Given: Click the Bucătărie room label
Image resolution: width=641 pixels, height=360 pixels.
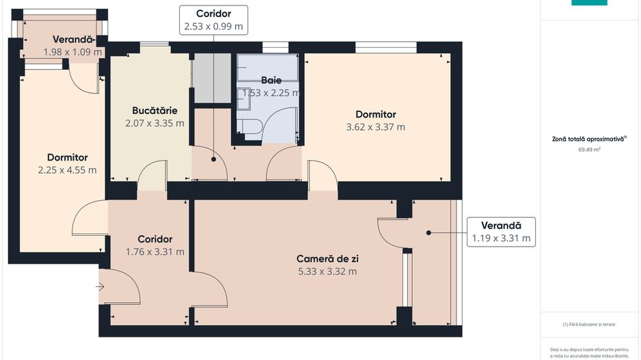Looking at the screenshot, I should point(155,110).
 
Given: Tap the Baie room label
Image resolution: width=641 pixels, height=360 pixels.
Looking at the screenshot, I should point(271,80).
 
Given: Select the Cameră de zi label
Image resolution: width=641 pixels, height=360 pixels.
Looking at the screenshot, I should point(327,259).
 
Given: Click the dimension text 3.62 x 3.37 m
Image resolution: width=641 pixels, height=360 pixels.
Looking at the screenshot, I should point(375,127).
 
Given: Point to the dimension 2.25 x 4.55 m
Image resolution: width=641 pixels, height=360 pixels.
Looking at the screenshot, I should point(67,170).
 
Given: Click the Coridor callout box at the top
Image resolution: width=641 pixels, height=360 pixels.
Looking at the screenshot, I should point(213,20).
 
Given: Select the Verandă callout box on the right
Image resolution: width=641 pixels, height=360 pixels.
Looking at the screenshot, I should point(501,232).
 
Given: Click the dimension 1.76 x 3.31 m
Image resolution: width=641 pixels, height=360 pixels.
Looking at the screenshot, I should point(154,251).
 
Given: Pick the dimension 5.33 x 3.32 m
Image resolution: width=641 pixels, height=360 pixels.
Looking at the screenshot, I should point(327,271).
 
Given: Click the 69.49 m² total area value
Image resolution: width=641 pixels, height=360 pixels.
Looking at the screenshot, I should point(588,149).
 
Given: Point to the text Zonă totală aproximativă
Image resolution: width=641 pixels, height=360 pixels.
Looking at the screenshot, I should point(588,139).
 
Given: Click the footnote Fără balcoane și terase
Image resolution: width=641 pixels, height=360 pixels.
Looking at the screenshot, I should point(589,324).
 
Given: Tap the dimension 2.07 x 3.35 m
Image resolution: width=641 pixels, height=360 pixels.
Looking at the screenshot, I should point(154,123).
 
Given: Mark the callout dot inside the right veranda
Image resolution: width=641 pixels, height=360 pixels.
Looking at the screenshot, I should point(429,233).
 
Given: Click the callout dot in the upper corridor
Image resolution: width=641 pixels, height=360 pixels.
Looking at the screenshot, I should point(214,159).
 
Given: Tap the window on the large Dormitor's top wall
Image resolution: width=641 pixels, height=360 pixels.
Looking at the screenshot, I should point(386,47).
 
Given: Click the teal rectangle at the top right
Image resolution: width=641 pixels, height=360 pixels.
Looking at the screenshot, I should point(588,2).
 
